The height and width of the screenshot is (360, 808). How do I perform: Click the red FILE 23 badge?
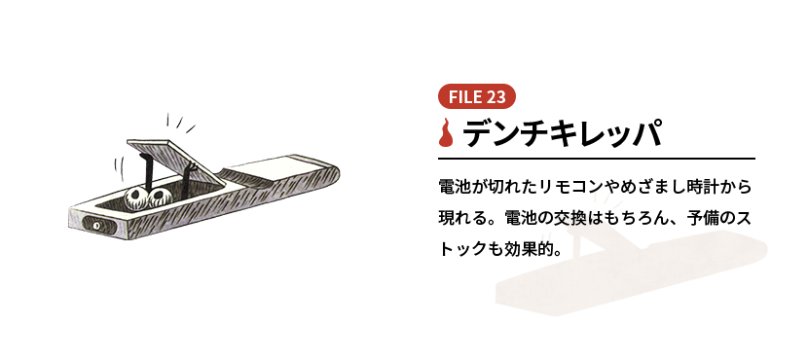pos(477,96)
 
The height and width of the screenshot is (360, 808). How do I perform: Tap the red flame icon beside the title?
pos(446,133)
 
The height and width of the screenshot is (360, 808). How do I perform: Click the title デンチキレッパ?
pos(562,133)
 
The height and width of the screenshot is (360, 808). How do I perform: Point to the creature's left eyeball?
pos(136,198)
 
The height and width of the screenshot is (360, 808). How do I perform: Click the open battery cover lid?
pos(175,159)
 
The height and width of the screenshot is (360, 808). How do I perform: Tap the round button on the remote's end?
pos(96,226)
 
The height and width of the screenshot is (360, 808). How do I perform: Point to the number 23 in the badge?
pos(496,97)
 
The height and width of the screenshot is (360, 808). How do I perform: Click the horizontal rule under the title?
pos(596,159)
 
